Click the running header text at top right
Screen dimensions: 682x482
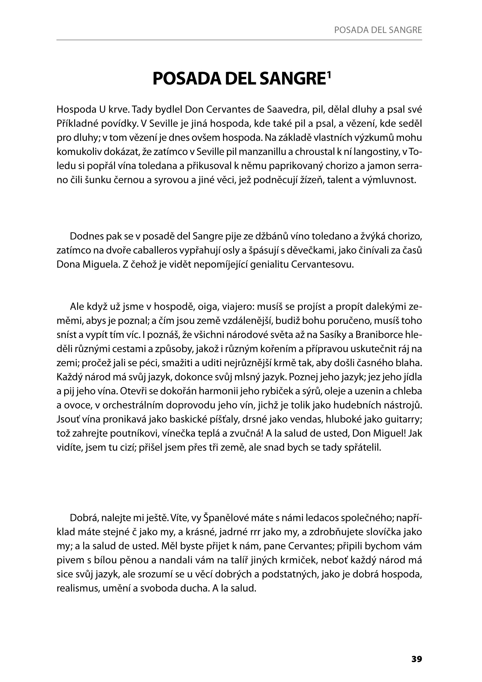378,30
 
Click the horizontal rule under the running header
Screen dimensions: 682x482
239,40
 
